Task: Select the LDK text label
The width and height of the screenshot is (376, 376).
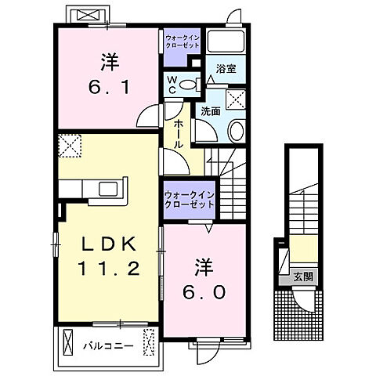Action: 110,244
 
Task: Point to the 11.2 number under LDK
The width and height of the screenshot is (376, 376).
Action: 110,269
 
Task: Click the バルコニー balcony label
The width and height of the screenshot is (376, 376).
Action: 109,345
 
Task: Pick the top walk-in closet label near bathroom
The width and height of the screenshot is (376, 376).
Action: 183,41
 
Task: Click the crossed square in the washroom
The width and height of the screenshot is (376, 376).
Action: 232,98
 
